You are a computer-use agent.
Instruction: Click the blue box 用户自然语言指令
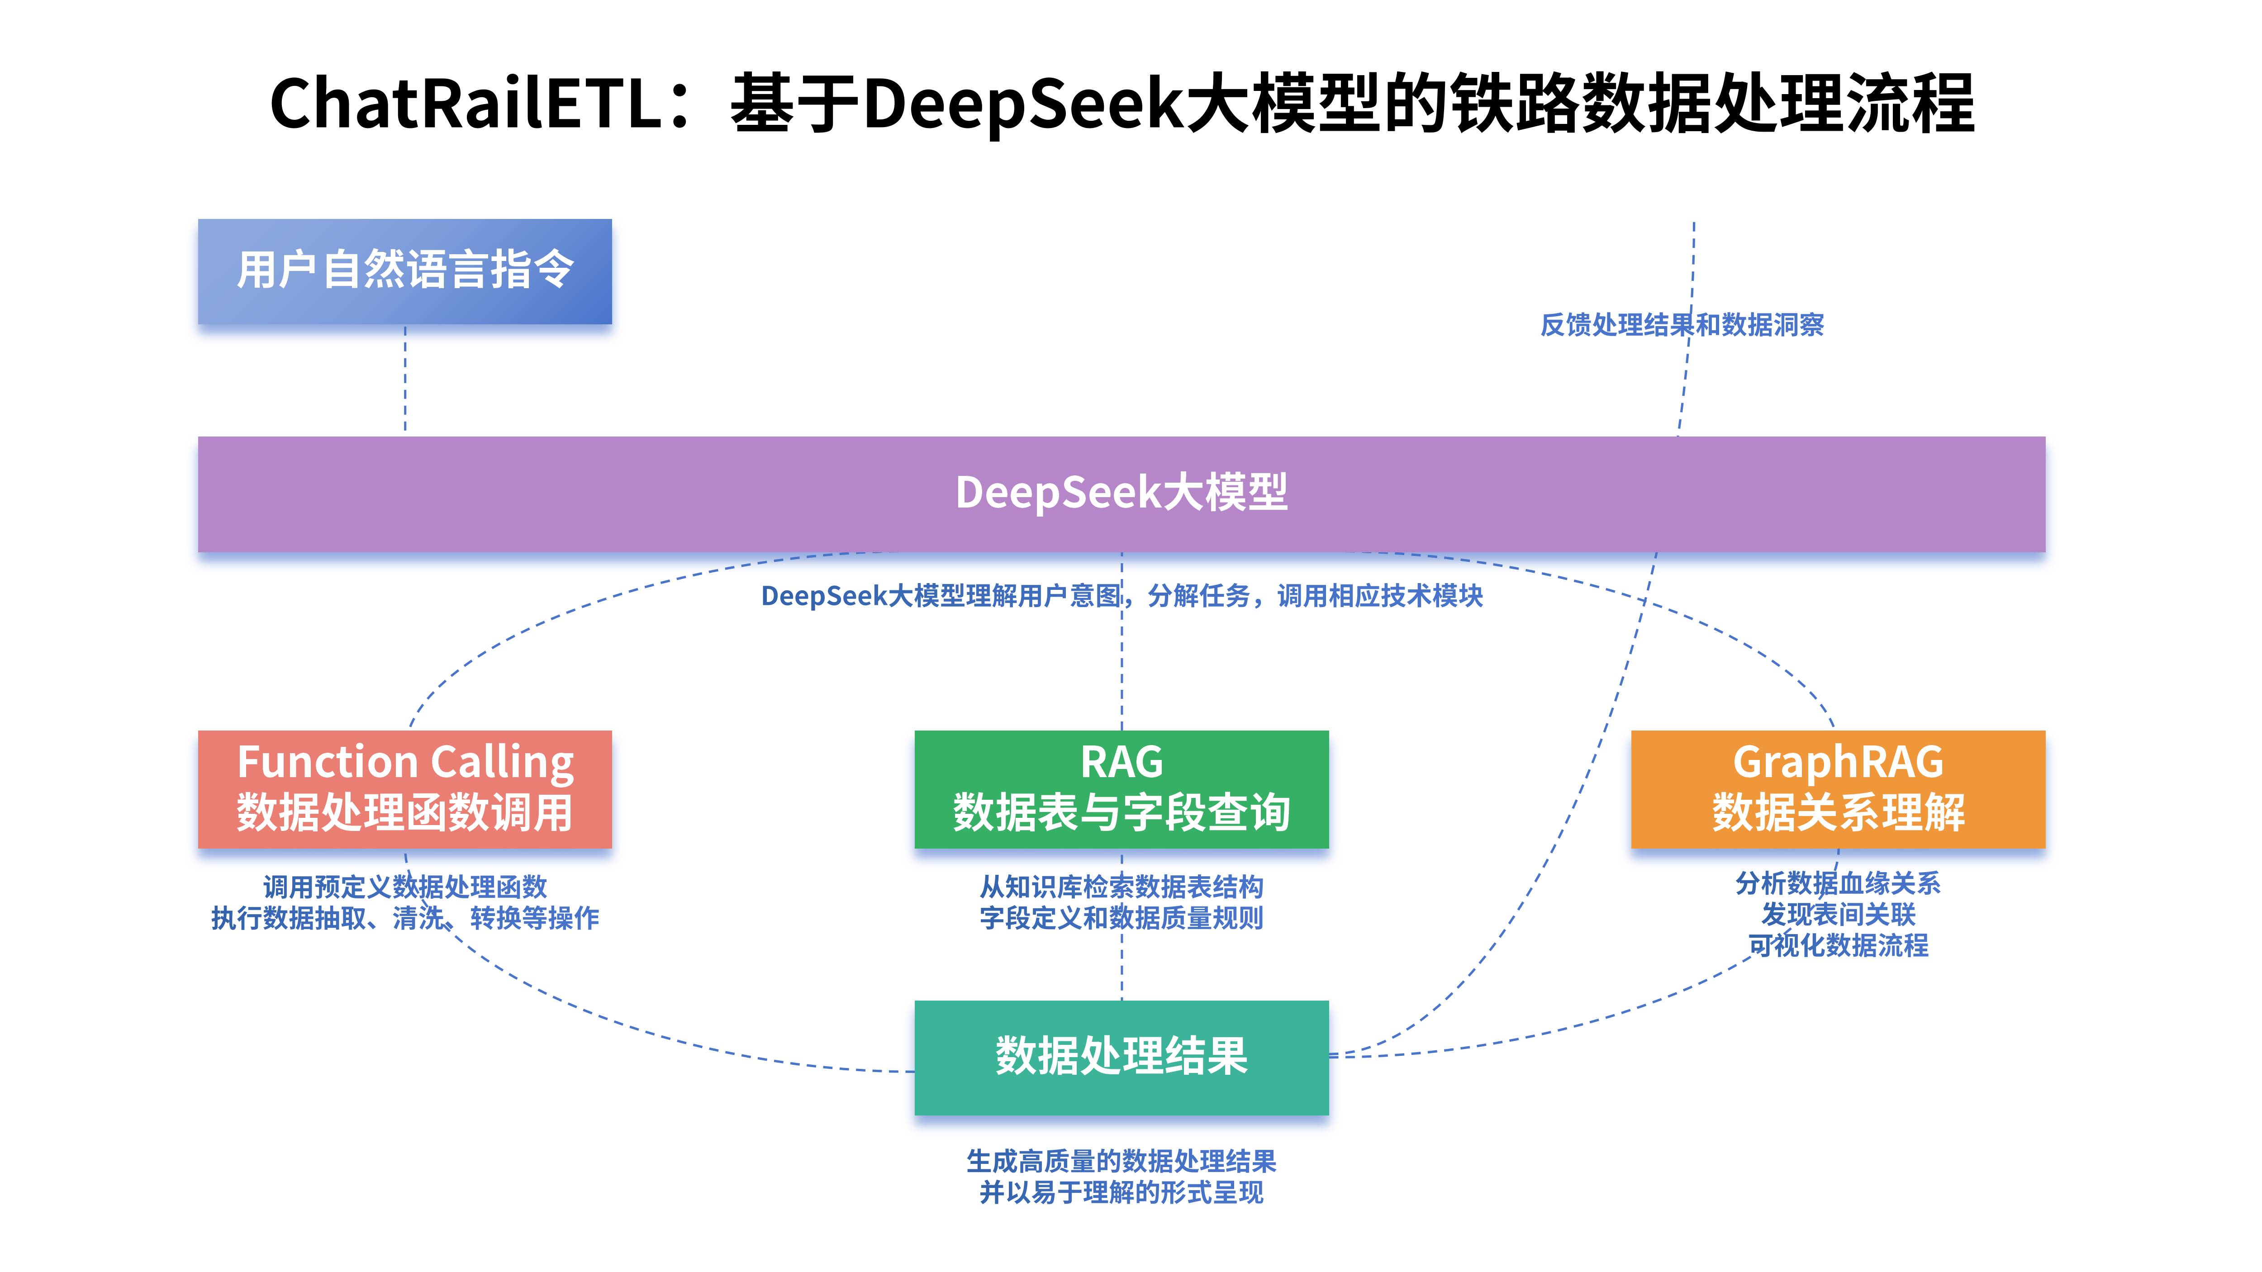coord(405,271)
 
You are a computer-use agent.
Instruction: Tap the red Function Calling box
coord(405,788)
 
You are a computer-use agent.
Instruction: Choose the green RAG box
coord(1121,788)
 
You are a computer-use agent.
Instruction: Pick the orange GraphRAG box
coord(1838,788)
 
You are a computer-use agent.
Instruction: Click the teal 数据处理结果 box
coord(1121,1057)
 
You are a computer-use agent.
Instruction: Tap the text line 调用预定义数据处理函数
coord(405,887)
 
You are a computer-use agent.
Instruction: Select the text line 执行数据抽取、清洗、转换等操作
coord(405,918)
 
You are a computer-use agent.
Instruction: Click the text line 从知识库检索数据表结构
coord(1121,887)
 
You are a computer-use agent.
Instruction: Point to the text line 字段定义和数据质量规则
coord(1121,918)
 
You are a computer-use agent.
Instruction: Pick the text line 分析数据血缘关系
coord(1838,883)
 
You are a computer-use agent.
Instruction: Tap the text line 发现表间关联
coord(1838,915)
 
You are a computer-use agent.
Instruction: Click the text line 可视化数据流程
coord(1838,945)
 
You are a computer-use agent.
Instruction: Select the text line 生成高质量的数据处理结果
coord(1121,1161)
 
